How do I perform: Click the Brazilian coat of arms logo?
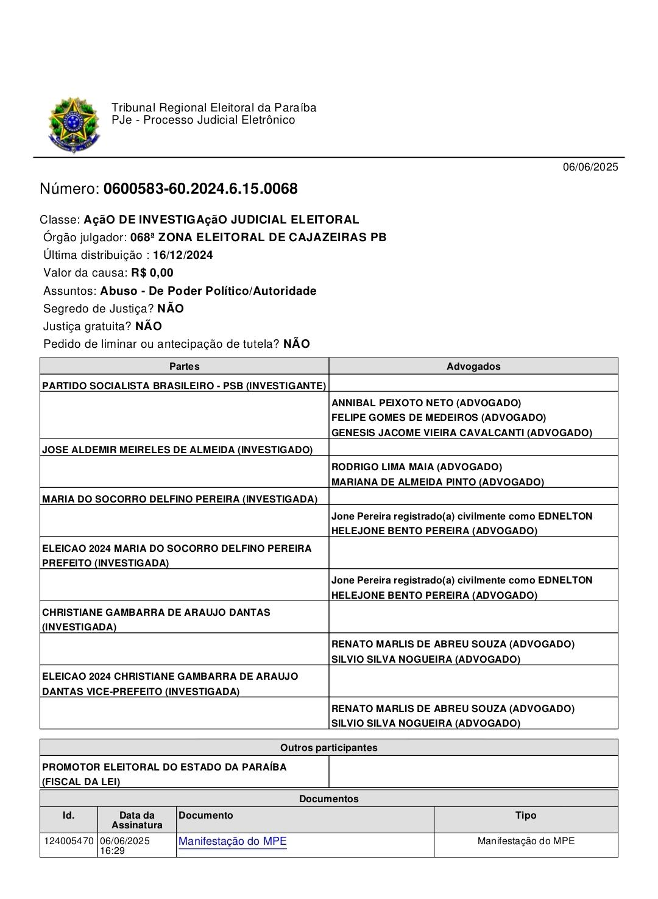click(74, 125)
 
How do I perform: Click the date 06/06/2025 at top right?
click(590, 167)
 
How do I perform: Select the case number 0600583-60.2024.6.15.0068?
click(200, 189)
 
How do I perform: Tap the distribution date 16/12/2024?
click(183, 255)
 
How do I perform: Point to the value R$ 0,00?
click(152, 273)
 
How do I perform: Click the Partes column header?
click(184, 366)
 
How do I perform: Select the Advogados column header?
click(473, 366)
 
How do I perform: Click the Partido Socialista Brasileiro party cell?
click(184, 386)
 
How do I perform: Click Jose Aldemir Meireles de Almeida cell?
click(177, 449)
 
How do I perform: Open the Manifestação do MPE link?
click(232, 841)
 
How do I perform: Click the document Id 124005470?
click(69, 841)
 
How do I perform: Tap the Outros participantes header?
click(328, 747)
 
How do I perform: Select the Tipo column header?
click(525, 815)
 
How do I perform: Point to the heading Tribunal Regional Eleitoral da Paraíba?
click(214, 108)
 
